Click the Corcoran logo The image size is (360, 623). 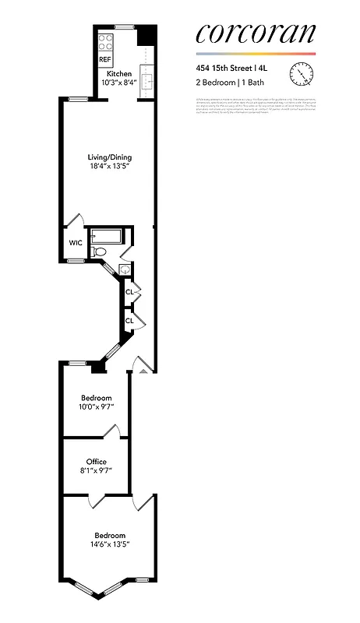(256, 33)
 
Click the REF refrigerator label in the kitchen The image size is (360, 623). (104, 58)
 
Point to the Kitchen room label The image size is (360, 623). (108, 73)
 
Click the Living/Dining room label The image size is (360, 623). (108, 157)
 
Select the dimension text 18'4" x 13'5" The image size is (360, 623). (108, 166)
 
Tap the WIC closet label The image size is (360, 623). (76, 243)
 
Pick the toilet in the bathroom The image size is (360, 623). (100, 252)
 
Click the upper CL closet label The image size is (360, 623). (130, 293)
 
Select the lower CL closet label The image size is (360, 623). (130, 320)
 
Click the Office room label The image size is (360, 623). (97, 462)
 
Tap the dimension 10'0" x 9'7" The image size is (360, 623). (97, 407)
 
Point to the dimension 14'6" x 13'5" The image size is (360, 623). (110, 544)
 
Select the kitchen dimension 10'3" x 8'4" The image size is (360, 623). (108, 82)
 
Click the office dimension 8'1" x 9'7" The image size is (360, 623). (97, 470)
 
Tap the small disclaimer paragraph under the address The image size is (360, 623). (255, 107)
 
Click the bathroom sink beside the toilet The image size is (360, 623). (124, 269)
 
